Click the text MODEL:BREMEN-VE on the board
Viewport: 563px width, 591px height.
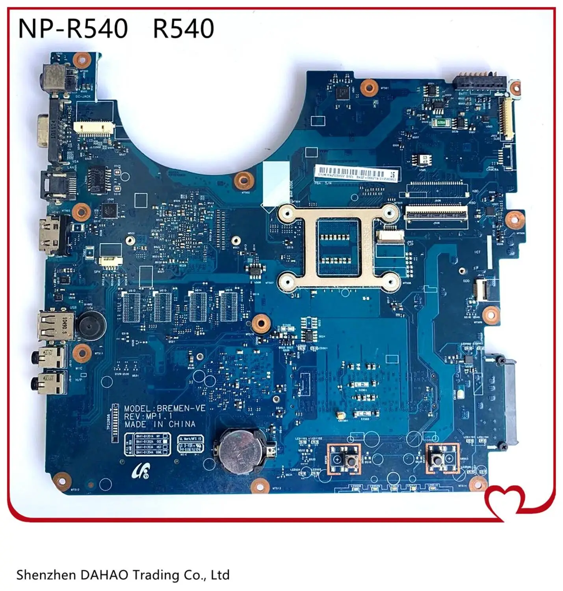[x=165, y=408]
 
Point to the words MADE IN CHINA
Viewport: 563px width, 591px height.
[x=160, y=424]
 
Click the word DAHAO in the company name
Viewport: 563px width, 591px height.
[x=104, y=575]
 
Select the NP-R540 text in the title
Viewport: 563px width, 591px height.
[x=73, y=28]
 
